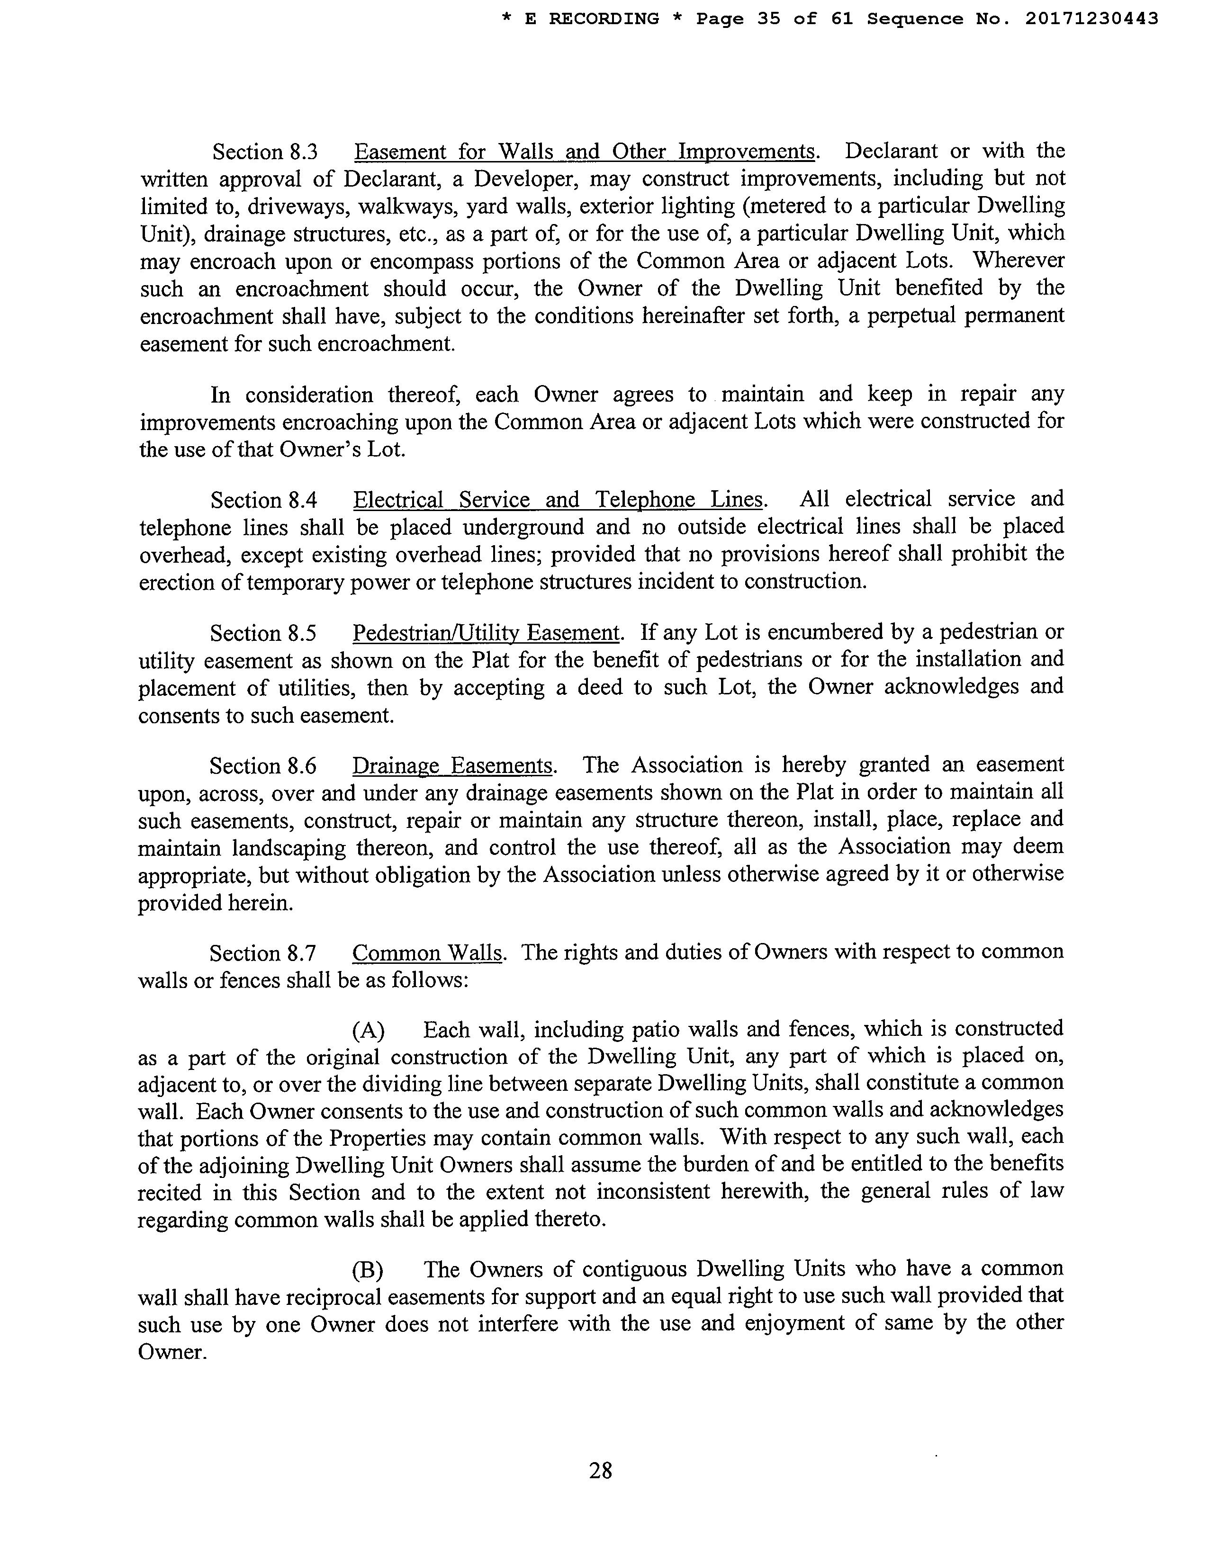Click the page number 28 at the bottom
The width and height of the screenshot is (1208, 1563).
point(600,1470)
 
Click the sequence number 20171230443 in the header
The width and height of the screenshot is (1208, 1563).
point(1091,19)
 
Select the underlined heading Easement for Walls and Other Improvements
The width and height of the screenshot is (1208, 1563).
point(584,153)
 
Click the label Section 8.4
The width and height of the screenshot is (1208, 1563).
point(263,500)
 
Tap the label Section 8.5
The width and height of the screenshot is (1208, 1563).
point(262,633)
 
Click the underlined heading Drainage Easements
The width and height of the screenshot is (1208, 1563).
point(452,766)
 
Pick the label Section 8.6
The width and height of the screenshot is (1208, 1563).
point(262,766)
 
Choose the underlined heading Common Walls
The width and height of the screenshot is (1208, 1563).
point(428,953)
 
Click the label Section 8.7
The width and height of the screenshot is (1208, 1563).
point(262,954)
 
